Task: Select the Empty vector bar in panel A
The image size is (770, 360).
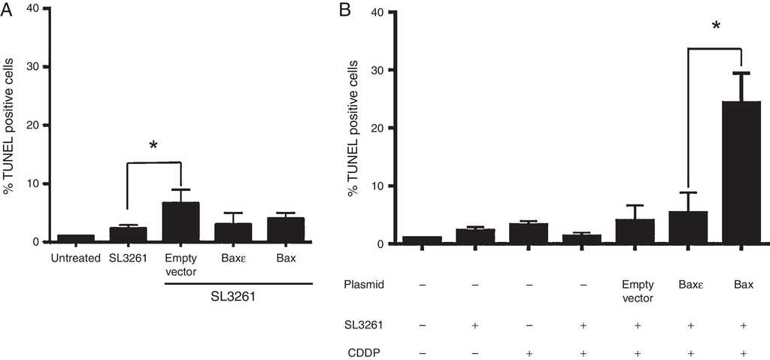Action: (180, 222)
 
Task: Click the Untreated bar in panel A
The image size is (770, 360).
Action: (76, 238)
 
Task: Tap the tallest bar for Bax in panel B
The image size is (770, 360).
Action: (741, 172)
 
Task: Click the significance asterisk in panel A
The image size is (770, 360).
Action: (153, 144)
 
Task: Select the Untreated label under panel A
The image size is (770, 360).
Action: (76, 260)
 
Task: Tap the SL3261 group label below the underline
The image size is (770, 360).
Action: (233, 298)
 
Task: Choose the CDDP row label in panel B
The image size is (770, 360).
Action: (360, 351)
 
